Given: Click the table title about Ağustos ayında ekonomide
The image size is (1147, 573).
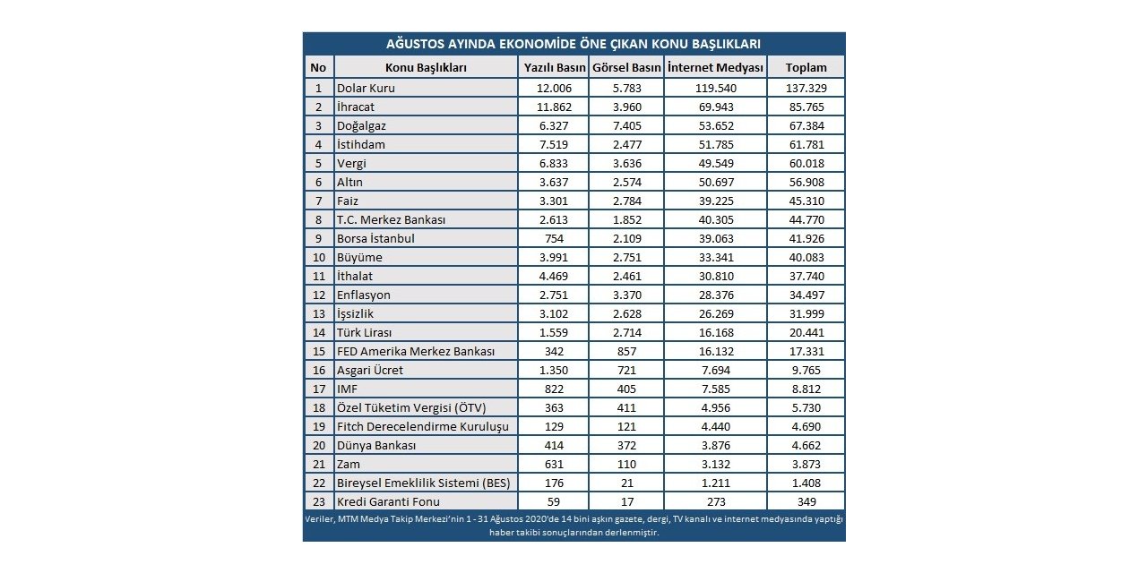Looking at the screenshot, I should (x=573, y=43).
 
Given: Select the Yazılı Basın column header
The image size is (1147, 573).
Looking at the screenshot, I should (x=554, y=67).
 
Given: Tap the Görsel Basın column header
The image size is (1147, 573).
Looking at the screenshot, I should (x=626, y=67).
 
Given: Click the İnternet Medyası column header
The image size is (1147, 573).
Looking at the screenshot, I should (x=715, y=67).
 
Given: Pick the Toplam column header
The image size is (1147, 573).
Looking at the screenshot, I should (x=806, y=67).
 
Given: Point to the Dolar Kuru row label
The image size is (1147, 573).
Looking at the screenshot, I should (x=366, y=88).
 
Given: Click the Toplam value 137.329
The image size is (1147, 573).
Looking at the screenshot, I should (x=806, y=88).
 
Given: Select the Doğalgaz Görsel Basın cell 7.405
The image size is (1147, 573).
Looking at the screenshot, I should (x=626, y=126).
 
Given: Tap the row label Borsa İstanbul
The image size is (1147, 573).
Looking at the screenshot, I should (x=375, y=239).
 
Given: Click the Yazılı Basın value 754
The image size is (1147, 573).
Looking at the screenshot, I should (x=554, y=239).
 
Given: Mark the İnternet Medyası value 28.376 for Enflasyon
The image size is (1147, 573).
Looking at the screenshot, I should (x=715, y=295).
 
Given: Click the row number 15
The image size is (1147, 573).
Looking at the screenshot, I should (x=318, y=352).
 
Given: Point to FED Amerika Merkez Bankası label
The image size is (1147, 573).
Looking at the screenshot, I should (x=416, y=352).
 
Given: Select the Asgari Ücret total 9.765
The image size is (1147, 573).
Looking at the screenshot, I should (x=806, y=371).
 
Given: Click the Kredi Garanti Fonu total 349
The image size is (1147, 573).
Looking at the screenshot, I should (x=806, y=502).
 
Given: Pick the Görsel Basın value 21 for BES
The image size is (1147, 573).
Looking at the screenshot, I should (x=626, y=483).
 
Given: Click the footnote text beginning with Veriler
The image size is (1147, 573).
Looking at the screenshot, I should (x=573, y=526).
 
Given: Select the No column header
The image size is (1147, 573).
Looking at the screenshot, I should (x=318, y=67).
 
